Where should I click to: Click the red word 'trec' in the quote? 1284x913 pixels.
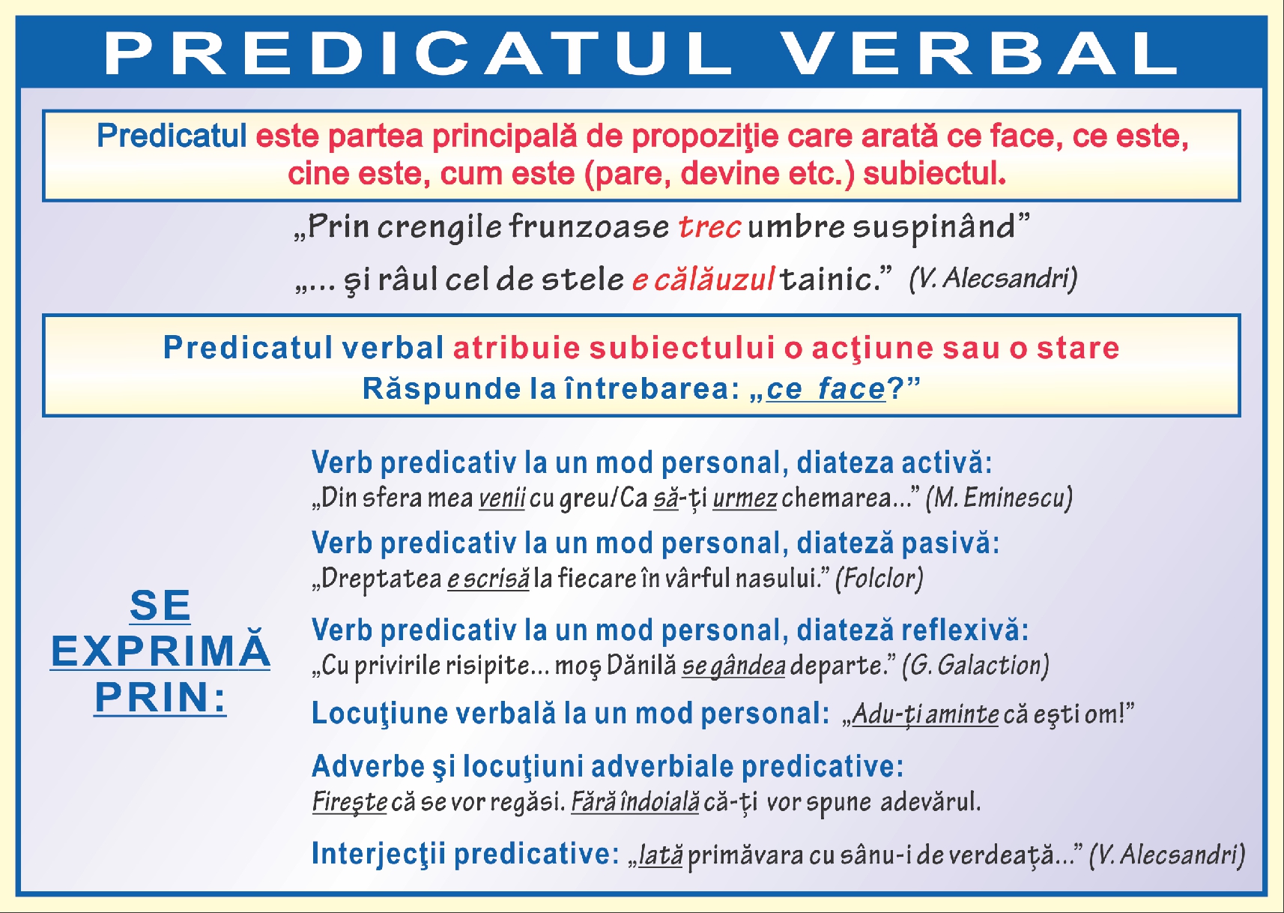[709, 226]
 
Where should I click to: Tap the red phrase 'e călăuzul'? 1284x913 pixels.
[703, 280]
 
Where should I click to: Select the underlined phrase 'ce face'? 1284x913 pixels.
[826, 389]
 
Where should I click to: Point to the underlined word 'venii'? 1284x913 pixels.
[502, 498]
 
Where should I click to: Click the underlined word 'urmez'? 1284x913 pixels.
[745, 498]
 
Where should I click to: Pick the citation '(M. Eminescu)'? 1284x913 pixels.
[999, 498]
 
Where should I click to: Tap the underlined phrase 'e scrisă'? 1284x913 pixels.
[488, 579]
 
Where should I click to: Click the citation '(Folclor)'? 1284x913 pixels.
[879, 579]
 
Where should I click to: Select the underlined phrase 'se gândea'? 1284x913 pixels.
[733, 666]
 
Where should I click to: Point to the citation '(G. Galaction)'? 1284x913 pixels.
[975, 666]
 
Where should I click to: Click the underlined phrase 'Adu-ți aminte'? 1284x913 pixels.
[925, 714]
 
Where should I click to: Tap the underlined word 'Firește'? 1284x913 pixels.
[350, 802]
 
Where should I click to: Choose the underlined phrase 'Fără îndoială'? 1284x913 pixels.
[635, 802]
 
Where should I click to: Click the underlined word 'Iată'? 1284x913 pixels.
[660, 855]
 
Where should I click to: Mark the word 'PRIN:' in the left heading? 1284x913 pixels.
[160, 697]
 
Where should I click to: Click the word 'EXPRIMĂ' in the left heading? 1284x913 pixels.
[160, 651]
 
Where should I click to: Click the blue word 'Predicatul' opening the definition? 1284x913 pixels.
[172, 136]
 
